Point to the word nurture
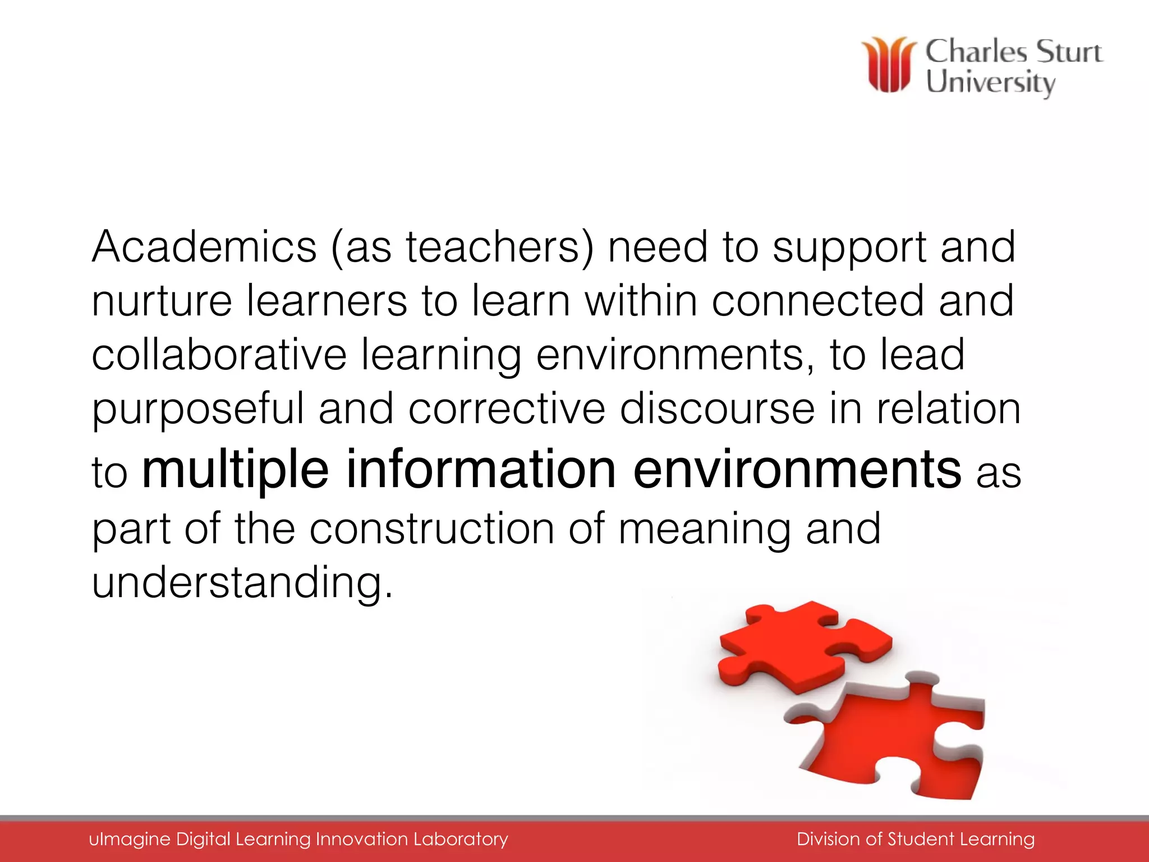click(162, 301)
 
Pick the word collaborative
click(219, 355)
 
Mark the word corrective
click(507, 409)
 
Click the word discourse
click(717, 409)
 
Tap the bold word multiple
click(235, 469)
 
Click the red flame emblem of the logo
click(889, 65)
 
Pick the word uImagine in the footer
click(130, 839)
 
